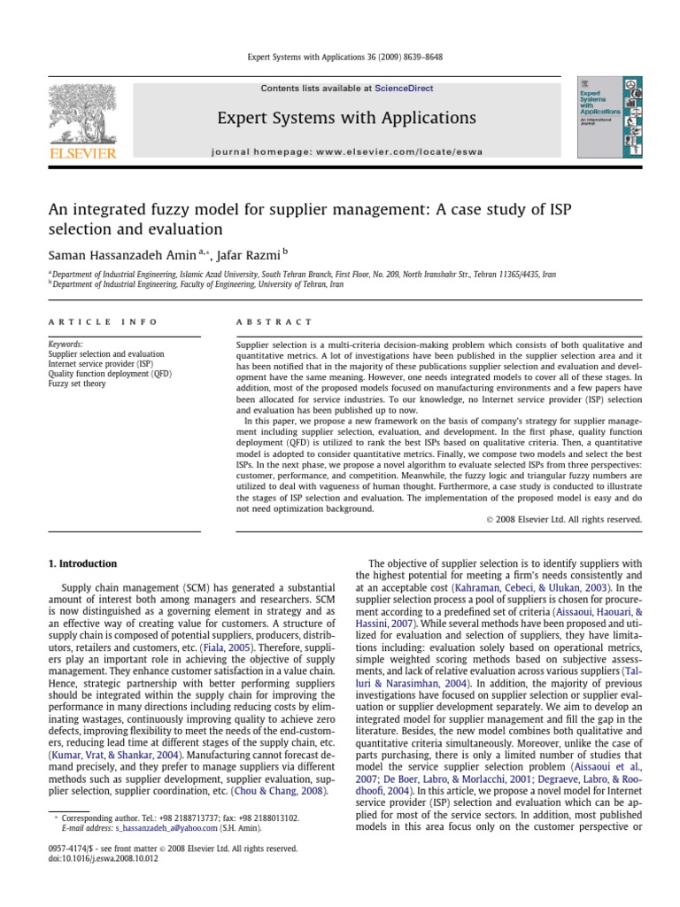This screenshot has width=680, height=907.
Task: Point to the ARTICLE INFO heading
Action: tap(103, 322)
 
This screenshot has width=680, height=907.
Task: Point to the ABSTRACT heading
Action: tap(274, 322)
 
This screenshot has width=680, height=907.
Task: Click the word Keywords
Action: tap(66, 344)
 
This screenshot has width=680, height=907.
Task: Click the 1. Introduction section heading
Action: tap(82, 563)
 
